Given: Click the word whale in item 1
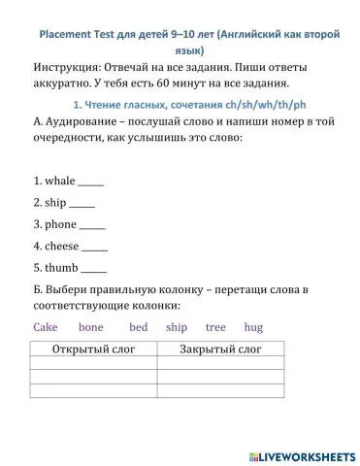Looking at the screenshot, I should (60, 181).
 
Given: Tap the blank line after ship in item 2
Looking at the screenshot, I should (82, 204).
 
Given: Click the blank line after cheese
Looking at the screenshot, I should (95, 247).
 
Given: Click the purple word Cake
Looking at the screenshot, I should (46, 327).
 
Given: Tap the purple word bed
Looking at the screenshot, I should (139, 327).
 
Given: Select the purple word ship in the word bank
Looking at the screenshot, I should (177, 327).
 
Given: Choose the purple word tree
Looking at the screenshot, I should (215, 327).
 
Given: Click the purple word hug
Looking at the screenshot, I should (254, 327).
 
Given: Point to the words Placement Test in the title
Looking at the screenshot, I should (79, 33).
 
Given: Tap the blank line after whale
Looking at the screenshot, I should (90, 182).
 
